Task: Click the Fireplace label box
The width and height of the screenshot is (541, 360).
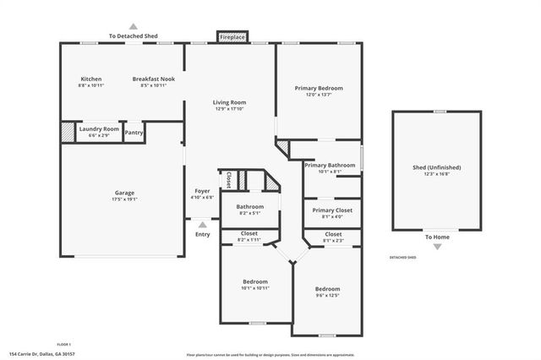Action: pos(231,38)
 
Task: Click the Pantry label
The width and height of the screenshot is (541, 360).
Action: pos(134,133)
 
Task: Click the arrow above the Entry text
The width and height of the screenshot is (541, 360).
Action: pos(201,224)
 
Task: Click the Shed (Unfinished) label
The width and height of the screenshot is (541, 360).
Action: pos(436,170)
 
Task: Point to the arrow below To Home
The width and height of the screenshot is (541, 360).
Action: pos(437,246)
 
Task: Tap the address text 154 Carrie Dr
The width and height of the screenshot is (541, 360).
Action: pos(40,354)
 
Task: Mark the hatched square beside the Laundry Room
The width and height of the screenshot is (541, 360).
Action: pos(68,132)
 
